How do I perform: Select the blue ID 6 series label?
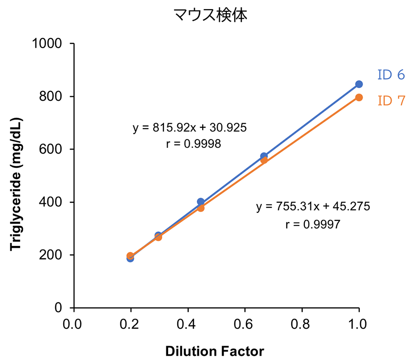pyautogui.click(x=390, y=75)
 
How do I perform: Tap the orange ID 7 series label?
pyautogui.click(x=390, y=100)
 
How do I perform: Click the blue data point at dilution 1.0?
pyautogui.click(x=359, y=84)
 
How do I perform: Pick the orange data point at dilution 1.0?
pyautogui.click(x=359, y=97)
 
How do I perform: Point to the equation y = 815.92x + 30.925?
pyautogui.click(x=190, y=128)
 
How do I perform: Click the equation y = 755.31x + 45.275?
pyautogui.click(x=313, y=207)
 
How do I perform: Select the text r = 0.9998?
pyautogui.click(x=194, y=144)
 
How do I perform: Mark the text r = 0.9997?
pyautogui.click(x=313, y=224)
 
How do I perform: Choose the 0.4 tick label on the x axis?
pyautogui.click(x=187, y=325)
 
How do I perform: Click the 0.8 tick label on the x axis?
pyautogui.click(x=302, y=325)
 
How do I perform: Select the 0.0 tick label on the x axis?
pyautogui.click(x=73, y=325)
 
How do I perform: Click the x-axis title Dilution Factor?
pyautogui.click(x=214, y=351)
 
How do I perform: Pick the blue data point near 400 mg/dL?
pyautogui.click(x=200, y=202)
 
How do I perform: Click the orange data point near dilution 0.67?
pyautogui.click(x=264, y=160)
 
